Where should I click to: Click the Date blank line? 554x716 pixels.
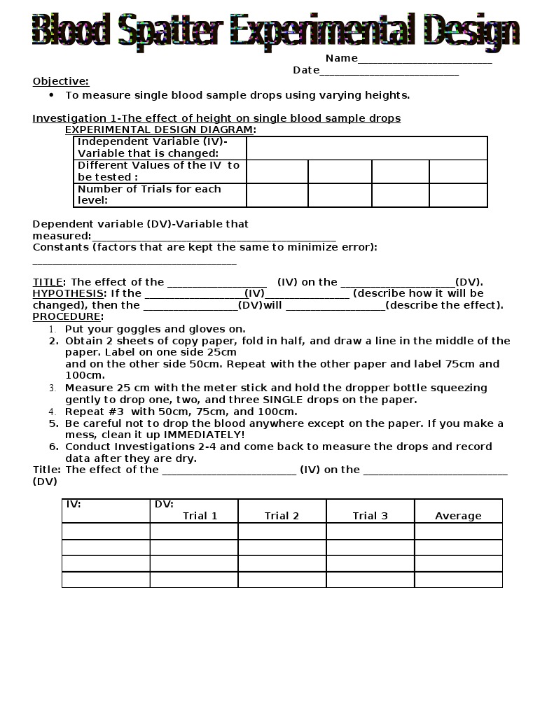[389, 71]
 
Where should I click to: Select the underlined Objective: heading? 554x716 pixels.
[61, 81]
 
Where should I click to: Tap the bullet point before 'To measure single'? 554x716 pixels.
[52, 94]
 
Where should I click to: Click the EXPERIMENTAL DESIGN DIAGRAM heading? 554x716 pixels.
[160, 129]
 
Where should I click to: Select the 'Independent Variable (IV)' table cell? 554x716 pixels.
[160, 148]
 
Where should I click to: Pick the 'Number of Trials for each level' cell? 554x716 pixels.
[160, 195]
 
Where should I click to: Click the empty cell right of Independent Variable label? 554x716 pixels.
[366, 148]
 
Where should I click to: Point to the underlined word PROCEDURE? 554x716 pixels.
[67, 316]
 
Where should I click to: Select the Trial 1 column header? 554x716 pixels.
[200, 516]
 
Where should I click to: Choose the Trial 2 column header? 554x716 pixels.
[282, 516]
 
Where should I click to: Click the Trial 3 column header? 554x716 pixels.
[370, 516]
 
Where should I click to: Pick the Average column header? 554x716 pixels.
[458, 516]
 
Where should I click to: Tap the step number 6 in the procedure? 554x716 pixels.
[53, 447]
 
